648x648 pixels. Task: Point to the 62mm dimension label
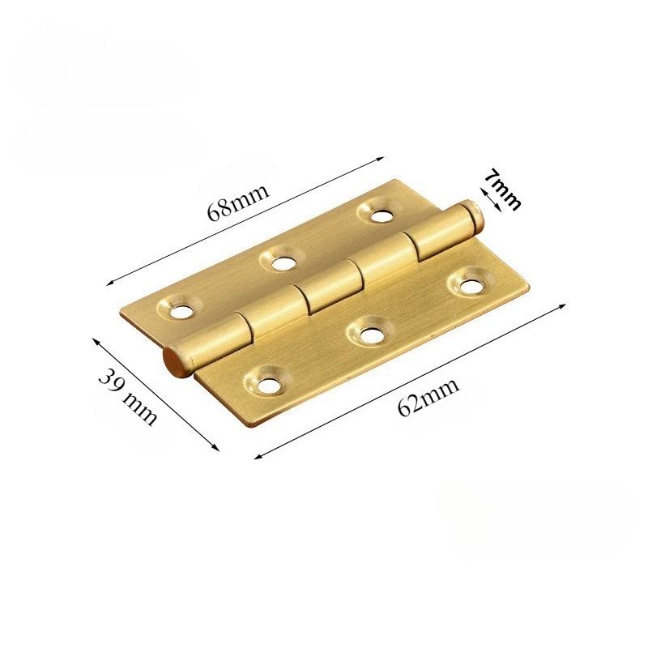(428, 398)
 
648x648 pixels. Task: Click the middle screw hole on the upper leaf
(283, 262)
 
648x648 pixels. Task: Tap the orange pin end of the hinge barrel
(173, 361)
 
